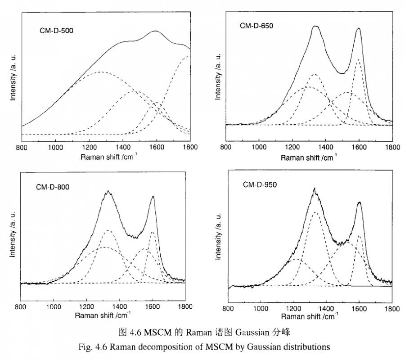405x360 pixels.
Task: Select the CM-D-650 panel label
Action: (x=256, y=26)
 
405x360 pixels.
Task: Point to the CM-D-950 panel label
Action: (x=260, y=184)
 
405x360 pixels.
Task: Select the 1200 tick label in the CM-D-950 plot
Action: (x=293, y=307)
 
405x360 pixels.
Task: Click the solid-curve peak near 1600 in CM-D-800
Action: (x=153, y=196)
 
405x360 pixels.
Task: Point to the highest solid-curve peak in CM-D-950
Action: (x=314, y=189)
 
